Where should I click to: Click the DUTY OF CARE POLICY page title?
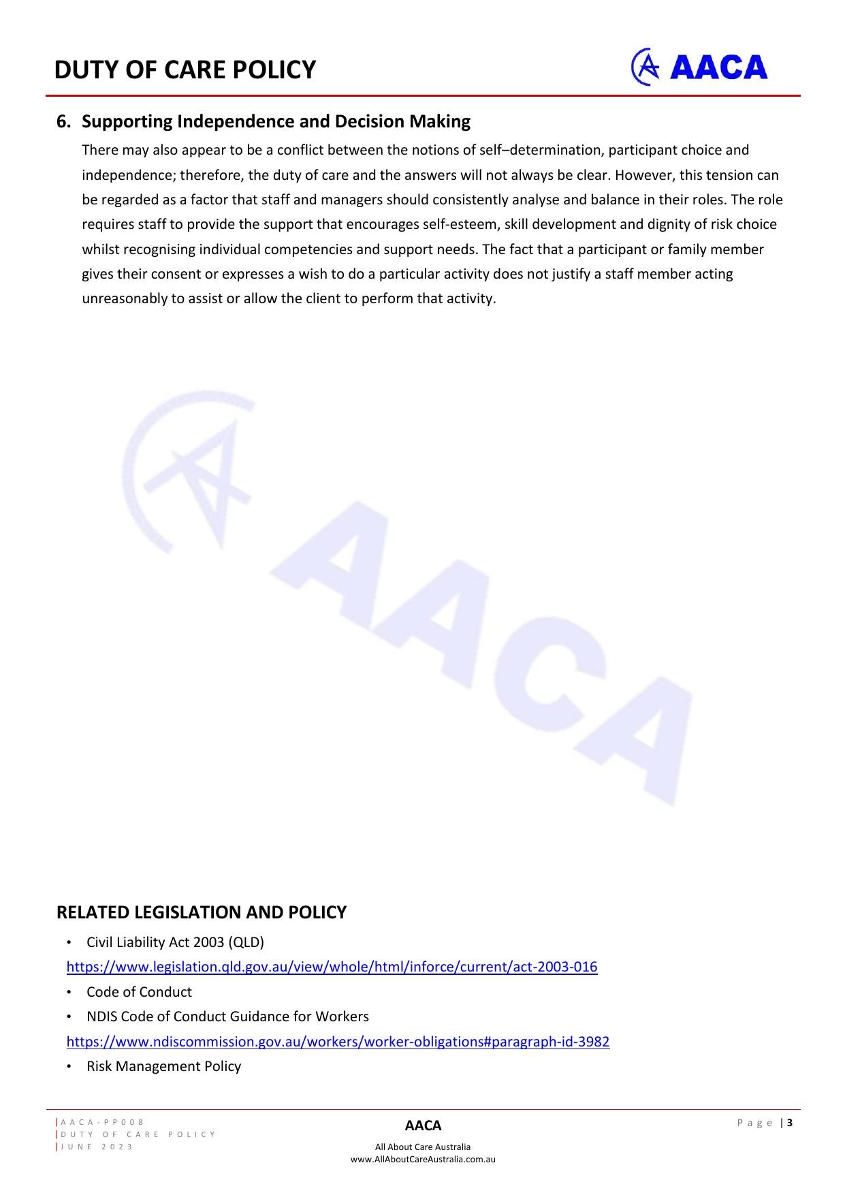pyautogui.click(x=185, y=69)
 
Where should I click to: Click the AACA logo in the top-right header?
pyautogui.click(x=699, y=67)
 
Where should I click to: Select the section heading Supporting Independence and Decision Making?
pyautogui.click(x=276, y=121)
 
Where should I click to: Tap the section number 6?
pyautogui.click(x=63, y=121)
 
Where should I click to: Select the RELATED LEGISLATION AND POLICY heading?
pyautogui.click(x=201, y=912)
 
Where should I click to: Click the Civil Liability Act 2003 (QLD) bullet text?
pyautogui.click(x=175, y=942)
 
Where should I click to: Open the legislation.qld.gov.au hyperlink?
pyautogui.click(x=332, y=967)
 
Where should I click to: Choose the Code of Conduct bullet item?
pyautogui.click(x=139, y=991)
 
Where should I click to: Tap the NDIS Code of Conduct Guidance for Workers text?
pyautogui.click(x=227, y=1016)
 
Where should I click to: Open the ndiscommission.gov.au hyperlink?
pyautogui.click(x=338, y=1041)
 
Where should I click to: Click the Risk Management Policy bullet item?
pyautogui.click(x=163, y=1066)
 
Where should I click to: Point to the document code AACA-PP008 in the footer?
pyautogui.click(x=103, y=1122)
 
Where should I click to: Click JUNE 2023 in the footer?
pyautogui.click(x=97, y=1147)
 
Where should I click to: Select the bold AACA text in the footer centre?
pyautogui.click(x=423, y=1126)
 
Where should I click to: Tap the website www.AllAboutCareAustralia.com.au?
pyautogui.click(x=423, y=1159)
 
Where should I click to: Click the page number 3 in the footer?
pyautogui.click(x=791, y=1123)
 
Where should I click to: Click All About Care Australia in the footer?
pyautogui.click(x=423, y=1147)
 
